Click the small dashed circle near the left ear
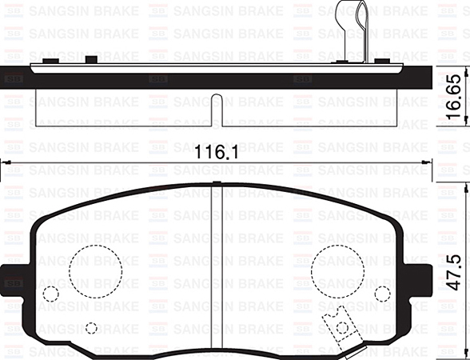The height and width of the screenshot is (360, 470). point(50,294)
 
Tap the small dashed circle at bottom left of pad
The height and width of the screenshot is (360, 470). point(91,327)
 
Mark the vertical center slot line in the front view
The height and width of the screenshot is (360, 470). point(219,264)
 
